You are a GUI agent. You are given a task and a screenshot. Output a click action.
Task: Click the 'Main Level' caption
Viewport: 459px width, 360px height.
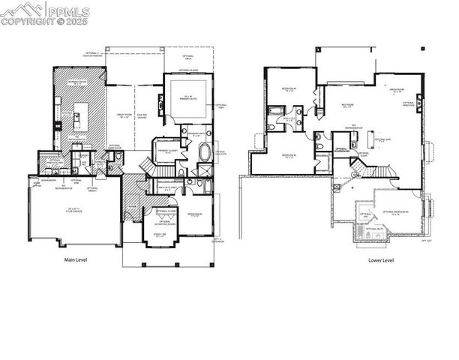click(x=76, y=260)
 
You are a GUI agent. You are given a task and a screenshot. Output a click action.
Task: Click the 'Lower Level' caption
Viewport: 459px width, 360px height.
click(x=380, y=260)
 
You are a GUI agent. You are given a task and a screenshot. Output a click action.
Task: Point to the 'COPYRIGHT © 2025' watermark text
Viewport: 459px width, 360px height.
click(x=45, y=22)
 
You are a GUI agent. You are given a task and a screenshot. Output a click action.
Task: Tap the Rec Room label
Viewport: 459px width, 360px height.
click(x=347, y=107)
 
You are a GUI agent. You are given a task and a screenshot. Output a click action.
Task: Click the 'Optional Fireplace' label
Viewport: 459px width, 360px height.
click(x=409, y=104)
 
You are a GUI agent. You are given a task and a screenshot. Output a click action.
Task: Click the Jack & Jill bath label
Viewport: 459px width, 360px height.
click(x=287, y=119)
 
